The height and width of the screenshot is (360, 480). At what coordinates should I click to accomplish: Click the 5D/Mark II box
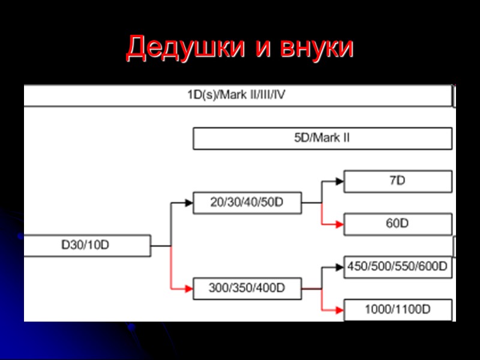click(x=322, y=138)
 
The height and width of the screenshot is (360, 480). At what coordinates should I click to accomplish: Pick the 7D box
click(x=397, y=181)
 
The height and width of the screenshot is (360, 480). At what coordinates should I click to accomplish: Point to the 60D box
click(x=397, y=224)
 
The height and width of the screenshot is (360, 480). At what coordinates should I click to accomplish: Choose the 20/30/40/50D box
click(x=247, y=203)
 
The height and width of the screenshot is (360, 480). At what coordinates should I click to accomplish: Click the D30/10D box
click(x=87, y=245)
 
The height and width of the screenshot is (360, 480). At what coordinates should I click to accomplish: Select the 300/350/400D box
click(x=247, y=288)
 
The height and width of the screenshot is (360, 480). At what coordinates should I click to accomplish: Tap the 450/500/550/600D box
click(x=397, y=267)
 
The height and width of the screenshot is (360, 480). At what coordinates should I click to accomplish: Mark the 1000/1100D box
click(x=397, y=310)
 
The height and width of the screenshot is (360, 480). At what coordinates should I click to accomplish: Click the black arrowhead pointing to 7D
click(x=340, y=181)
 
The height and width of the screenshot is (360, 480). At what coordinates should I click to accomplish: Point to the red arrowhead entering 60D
click(x=340, y=224)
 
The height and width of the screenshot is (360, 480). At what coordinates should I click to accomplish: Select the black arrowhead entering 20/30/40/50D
click(x=189, y=203)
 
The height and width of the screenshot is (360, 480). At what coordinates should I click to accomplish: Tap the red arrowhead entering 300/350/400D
click(x=189, y=288)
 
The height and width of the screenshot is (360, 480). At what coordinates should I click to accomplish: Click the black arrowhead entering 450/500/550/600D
click(x=340, y=267)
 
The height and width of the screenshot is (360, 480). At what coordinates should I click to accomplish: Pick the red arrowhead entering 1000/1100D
click(x=340, y=310)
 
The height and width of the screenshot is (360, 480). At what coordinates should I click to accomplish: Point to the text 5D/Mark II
click(x=322, y=138)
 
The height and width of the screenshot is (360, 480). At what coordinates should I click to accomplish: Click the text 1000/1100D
click(x=397, y=310)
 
